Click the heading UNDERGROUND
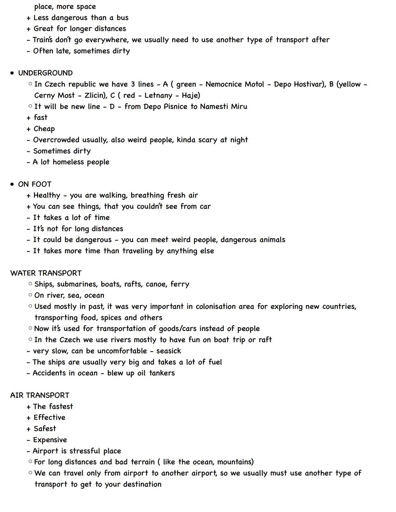point(45,73)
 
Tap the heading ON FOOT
point(35,184)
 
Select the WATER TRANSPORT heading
point(46,273)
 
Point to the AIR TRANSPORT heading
point(40,395)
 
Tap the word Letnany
point(158,95)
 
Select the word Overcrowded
point(56,140)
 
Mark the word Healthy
point(47,195)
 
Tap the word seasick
point(169,351)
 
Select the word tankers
point(162,373)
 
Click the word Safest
point(45,428)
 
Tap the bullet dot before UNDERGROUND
point(12,73)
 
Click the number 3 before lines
point(133,84)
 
